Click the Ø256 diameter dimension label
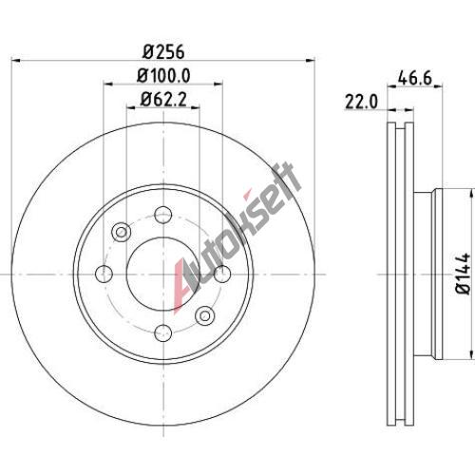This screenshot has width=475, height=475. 163,51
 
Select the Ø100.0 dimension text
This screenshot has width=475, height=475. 163,76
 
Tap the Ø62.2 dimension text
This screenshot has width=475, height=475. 163,100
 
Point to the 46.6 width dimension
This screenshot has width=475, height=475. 415,78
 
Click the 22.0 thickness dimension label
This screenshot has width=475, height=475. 361,102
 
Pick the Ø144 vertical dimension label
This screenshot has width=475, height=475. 464,274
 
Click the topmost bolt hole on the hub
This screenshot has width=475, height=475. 163,215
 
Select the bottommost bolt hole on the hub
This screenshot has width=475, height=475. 163,332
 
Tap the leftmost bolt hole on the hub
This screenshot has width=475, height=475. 104,274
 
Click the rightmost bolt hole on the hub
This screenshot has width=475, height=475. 222,274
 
